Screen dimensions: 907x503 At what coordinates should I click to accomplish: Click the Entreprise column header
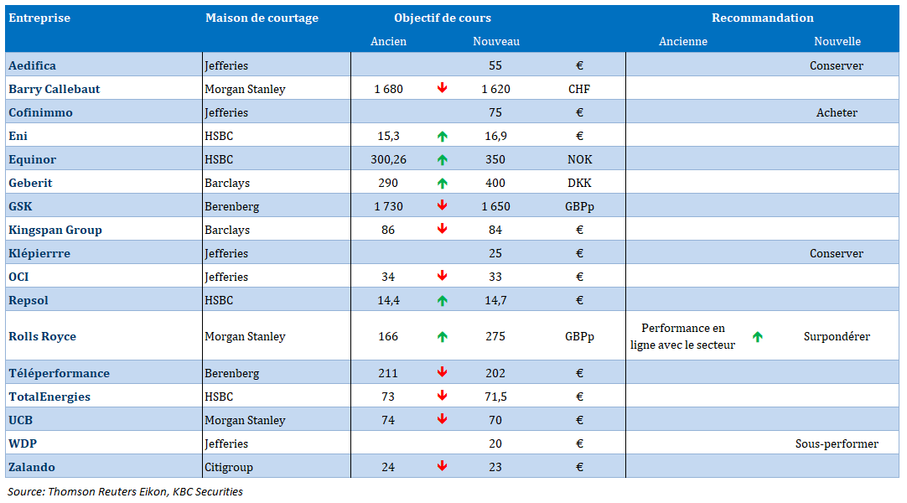(x=39, y=18)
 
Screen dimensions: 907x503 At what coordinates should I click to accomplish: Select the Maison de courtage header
(x=262, y=18)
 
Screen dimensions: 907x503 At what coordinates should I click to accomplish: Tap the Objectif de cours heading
(x=443, y=18)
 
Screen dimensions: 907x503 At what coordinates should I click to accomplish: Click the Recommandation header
(x=762, y=18)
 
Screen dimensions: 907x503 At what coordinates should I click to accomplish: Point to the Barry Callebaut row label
(x=54, y=89)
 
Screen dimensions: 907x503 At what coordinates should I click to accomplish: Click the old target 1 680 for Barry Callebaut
(x=388, y=89)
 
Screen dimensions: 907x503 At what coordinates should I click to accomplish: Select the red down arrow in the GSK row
(x=442, y=205)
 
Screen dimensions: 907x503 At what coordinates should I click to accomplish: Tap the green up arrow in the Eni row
(x=442, y=137)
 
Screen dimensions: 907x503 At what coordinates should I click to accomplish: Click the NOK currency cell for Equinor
(x=579, y=159)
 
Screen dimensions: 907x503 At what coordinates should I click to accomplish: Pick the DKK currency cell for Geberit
(x=579, y=184)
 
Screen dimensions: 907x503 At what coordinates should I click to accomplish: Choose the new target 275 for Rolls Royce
(x=495, y=336)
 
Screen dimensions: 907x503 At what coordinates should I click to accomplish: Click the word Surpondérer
(x=837, y=336)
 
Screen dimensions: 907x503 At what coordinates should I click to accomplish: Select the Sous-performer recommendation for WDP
(x=837, y=444)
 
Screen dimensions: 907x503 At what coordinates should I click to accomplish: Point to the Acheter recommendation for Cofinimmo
(x=837, y=112)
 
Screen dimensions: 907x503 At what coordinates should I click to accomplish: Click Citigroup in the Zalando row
(x=229, y=467)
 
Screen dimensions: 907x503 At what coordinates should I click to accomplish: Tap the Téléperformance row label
(x=59, y=374)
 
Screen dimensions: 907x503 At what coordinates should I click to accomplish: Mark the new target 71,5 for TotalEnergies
(x=495, y=397)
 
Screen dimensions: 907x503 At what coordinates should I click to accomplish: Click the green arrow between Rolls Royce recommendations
(x=757, y=336)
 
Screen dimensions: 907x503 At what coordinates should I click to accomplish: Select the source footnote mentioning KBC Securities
(x=125, y=492)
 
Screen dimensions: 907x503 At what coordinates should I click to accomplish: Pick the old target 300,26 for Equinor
(x=388, y=159)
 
